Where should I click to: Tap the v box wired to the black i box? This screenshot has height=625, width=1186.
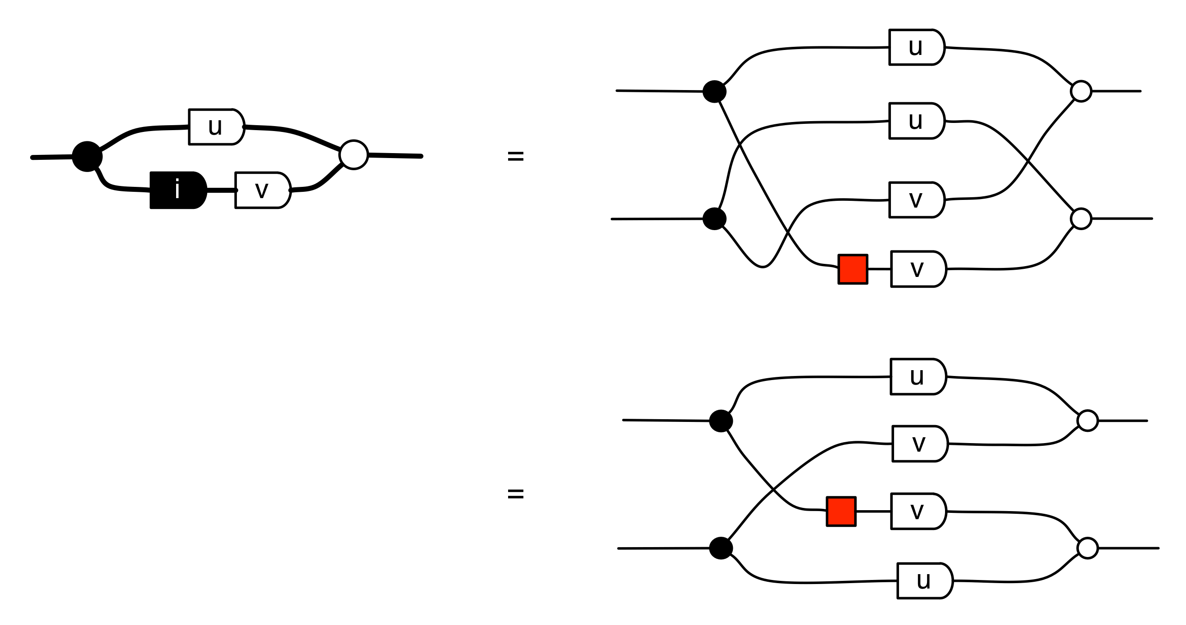click(263, 190)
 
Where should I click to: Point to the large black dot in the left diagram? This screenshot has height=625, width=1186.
click(87, 157)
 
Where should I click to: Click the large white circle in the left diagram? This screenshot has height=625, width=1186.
click(354, 154)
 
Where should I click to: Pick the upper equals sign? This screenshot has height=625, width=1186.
click(515, 157)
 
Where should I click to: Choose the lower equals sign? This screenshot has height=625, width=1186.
click(515, 494)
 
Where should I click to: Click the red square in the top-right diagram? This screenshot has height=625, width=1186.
click(853, 269)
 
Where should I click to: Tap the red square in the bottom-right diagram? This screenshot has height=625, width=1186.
click(841, 512)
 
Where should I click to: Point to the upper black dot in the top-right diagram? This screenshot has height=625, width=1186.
click(714, 91)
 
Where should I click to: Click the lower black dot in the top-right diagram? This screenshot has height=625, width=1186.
click(714, 218)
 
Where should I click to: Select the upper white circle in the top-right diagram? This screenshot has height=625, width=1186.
click(1081, 91)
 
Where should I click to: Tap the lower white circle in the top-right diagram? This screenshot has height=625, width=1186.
click(1081, 218)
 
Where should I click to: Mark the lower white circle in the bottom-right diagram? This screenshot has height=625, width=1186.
click(1087, 548)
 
